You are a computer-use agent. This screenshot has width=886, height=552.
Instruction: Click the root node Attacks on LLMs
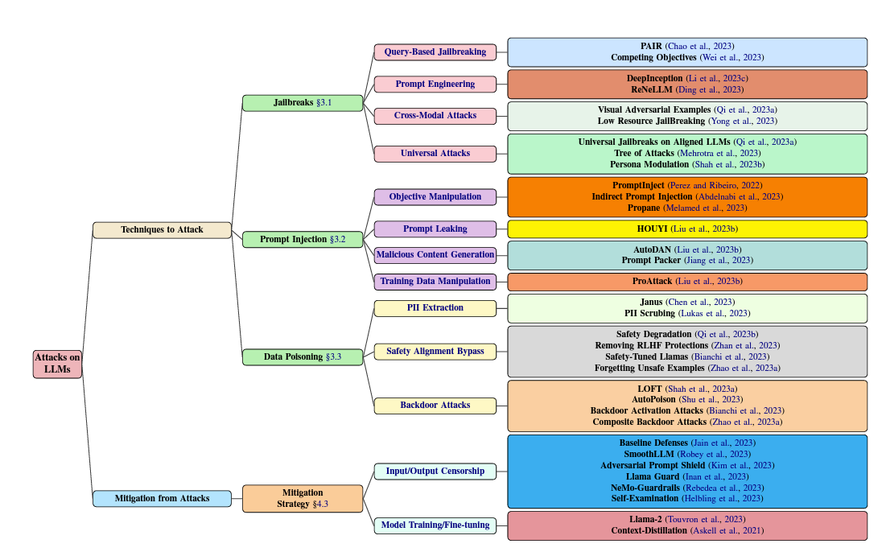click(x=57, y=364)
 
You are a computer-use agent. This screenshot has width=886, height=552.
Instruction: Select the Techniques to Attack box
click(x=162, y=230)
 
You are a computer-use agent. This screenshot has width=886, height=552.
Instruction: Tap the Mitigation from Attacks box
click(x=162, y=499)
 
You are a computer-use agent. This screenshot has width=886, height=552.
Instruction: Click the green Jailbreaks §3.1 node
click(x=303, y=103)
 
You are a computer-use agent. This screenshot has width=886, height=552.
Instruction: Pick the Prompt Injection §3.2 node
click(x=303, y=240)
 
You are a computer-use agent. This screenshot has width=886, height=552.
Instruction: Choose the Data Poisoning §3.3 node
click(x=303, y=357)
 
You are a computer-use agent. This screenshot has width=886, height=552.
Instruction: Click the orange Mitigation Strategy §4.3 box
click(x=303, y=499)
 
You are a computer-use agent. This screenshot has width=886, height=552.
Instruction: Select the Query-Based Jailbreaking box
click(x=435, y=52)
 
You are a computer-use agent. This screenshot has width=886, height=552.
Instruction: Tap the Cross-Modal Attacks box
click(x=435, y=116)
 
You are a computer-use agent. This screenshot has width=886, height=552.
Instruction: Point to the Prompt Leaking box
click(x=435, y=229)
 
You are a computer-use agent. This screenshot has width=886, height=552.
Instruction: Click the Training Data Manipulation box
click(x=435, y=282)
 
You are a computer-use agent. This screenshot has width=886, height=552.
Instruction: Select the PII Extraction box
click(x=435, y=308)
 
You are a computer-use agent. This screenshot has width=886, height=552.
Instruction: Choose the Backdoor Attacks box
click(x=435, y=406)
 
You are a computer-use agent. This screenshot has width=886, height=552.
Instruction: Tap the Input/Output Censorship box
click(x=435, y=472)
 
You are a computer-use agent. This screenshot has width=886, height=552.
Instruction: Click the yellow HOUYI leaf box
click(x=687, y=229)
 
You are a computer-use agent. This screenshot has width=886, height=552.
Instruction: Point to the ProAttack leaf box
click(x=687, y=282)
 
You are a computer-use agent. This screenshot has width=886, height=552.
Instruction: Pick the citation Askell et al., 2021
click(x=727, y=531)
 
